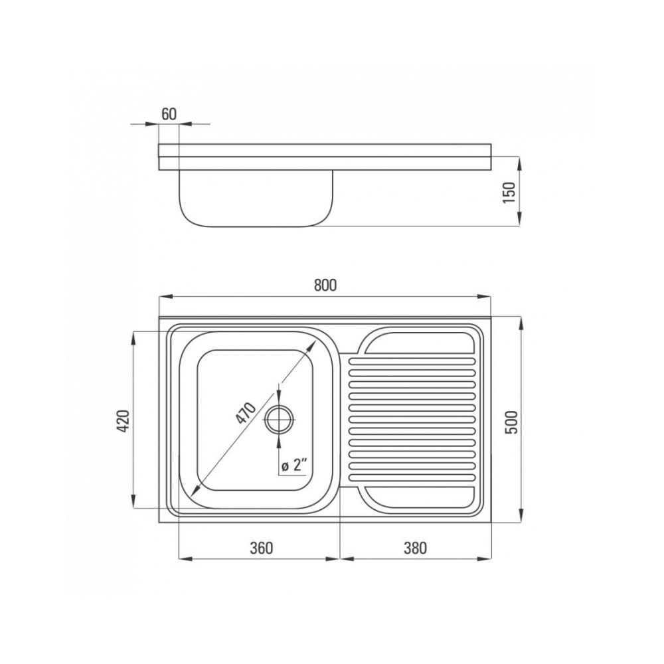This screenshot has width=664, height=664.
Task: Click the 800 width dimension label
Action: [x=325, y=286]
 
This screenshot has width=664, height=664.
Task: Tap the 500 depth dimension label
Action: [x=512, y=422]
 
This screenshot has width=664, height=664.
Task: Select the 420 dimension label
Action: [x=123, y=421]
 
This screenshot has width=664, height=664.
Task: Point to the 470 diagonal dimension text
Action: [x=246, y=413]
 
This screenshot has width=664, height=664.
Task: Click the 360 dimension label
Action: [x=261, y=548]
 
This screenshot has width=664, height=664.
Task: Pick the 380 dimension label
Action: [x=415, y=548]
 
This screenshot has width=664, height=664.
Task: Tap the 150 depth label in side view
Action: [x=509, y=192]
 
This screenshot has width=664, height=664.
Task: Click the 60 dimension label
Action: [x=169, y=114]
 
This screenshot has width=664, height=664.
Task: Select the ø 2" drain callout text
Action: [x=294, y=466]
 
